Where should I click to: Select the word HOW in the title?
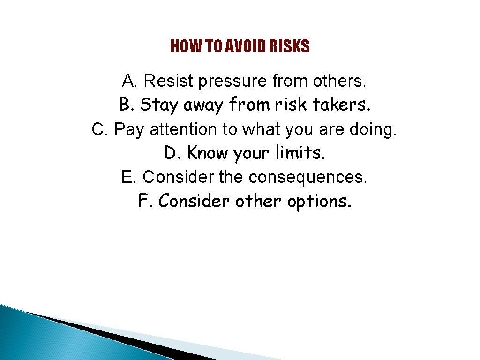point(182,46)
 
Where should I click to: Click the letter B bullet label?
point(125,104)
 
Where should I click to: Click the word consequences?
point(308,177)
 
